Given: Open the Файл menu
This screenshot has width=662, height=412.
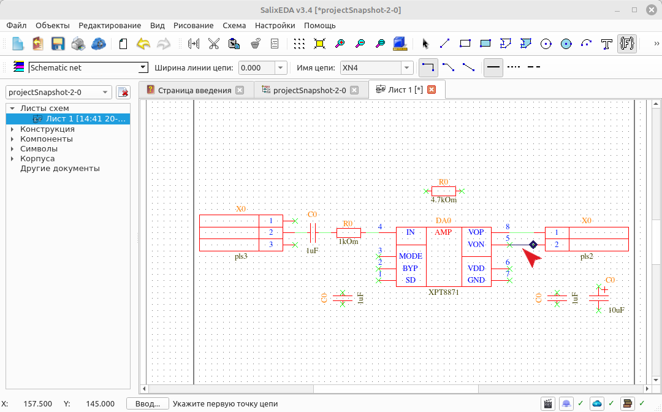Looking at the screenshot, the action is tap(17, 25).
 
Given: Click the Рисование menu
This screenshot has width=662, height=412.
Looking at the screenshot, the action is tap(193, 25).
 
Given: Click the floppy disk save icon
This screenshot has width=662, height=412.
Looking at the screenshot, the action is tap(58, 44).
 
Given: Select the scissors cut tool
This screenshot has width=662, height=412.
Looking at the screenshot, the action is tap(214, 44).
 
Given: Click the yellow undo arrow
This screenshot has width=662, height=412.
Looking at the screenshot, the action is tap(143, 44).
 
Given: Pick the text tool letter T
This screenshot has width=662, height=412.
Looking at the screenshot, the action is tap(606, 44).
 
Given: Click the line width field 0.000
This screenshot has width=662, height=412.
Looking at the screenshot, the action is tap(257, 67).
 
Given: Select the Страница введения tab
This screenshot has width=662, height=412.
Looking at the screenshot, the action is tap(195, 90).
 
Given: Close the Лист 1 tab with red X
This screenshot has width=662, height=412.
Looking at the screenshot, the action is tap(432, 90).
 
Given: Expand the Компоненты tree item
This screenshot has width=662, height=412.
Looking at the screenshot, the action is tap(12, 139).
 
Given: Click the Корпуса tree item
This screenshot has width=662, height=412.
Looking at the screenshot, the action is tap(37, 159).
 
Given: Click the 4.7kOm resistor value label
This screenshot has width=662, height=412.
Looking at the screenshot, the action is tap(443, 200).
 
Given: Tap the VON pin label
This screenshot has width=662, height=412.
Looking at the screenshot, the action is tap(476, 245).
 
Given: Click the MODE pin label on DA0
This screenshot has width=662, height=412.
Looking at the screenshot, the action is tap(410, 256).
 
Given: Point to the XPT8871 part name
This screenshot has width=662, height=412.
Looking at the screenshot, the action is tap(443, 292).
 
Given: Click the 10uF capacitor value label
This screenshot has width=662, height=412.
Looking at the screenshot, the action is tap(616, 310).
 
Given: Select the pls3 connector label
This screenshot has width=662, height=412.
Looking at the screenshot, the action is tap(241, 257).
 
